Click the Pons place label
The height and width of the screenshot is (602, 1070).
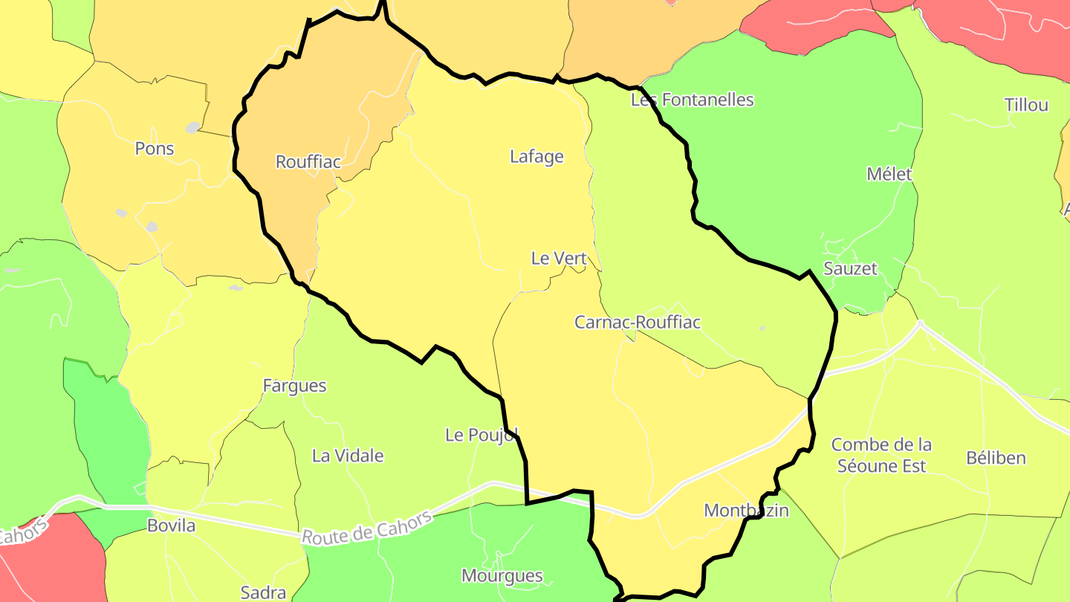[x=155, y=149]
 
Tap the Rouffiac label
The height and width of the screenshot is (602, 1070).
[x=308, y=161]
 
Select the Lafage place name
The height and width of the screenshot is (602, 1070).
[x=536, y=157]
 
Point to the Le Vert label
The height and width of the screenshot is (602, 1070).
[x=559, y=259]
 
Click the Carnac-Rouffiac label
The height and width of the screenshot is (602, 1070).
[x=638, y=323]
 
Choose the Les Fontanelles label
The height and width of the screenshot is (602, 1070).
[x=693, y=100]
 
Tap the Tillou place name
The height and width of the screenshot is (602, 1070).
[x=1026, y=105]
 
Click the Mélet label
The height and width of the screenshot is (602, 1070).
[x=889, y=174]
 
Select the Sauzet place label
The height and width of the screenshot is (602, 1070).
[x=851, y=268]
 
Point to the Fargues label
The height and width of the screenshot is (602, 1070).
[x=295, y=386]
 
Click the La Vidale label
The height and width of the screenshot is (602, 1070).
[x=348, y=456]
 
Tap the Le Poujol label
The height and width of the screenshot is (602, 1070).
[x=481, y=435]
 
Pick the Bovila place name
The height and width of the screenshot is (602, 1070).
[x=172, y=526]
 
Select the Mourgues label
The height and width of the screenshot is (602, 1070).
[x=502, y=576]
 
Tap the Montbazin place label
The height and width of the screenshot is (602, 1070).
[x=746, y=511]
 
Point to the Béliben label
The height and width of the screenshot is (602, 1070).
[x=996, y=458]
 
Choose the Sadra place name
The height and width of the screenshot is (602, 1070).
[x=264, y=592]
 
